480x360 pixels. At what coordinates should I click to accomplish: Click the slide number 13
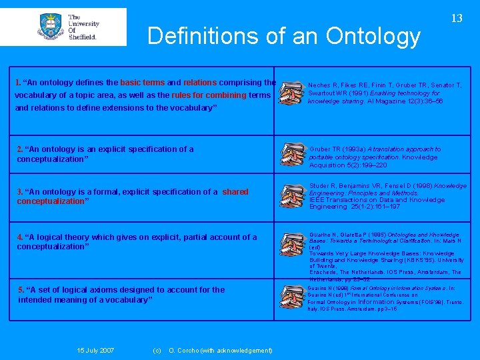coord(457,19)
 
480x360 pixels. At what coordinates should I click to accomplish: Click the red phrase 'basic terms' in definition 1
coord(142,83)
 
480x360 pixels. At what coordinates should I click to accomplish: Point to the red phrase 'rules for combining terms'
coord(221,95)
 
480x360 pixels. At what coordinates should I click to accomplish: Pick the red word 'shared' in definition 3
coord(235,192)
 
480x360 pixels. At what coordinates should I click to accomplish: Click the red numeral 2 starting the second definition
coord(19,149)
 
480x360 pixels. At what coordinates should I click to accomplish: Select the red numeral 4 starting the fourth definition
coord(19,237)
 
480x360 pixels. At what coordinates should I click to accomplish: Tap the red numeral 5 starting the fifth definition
coord(21,290)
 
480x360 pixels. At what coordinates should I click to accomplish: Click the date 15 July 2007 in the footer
coord(95,351)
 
